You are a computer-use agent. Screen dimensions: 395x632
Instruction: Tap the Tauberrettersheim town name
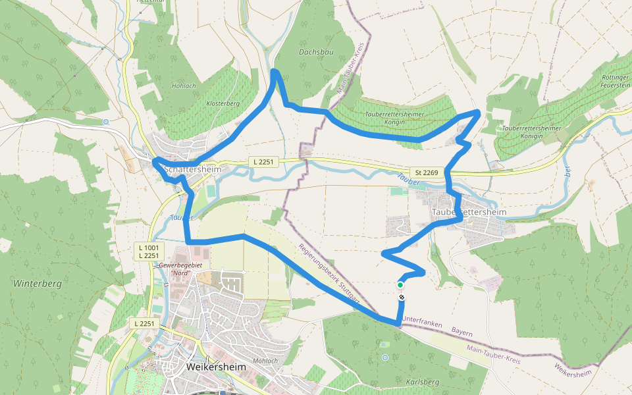469,213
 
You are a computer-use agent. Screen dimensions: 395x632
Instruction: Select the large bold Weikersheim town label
217,367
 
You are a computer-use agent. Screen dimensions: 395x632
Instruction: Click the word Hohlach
184,86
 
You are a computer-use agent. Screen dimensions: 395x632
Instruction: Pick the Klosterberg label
223,104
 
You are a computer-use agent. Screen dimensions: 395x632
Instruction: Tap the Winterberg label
37,284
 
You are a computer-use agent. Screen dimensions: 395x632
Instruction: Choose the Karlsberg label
423,382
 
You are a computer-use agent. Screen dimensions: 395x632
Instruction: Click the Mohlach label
265,361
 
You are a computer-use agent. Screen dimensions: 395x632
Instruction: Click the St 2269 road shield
427,172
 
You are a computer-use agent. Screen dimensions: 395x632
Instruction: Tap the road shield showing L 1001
149,247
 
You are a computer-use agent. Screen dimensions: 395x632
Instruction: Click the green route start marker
400,285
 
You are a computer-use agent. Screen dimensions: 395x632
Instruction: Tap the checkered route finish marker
401,298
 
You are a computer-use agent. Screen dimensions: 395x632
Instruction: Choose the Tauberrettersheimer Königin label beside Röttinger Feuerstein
531,132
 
